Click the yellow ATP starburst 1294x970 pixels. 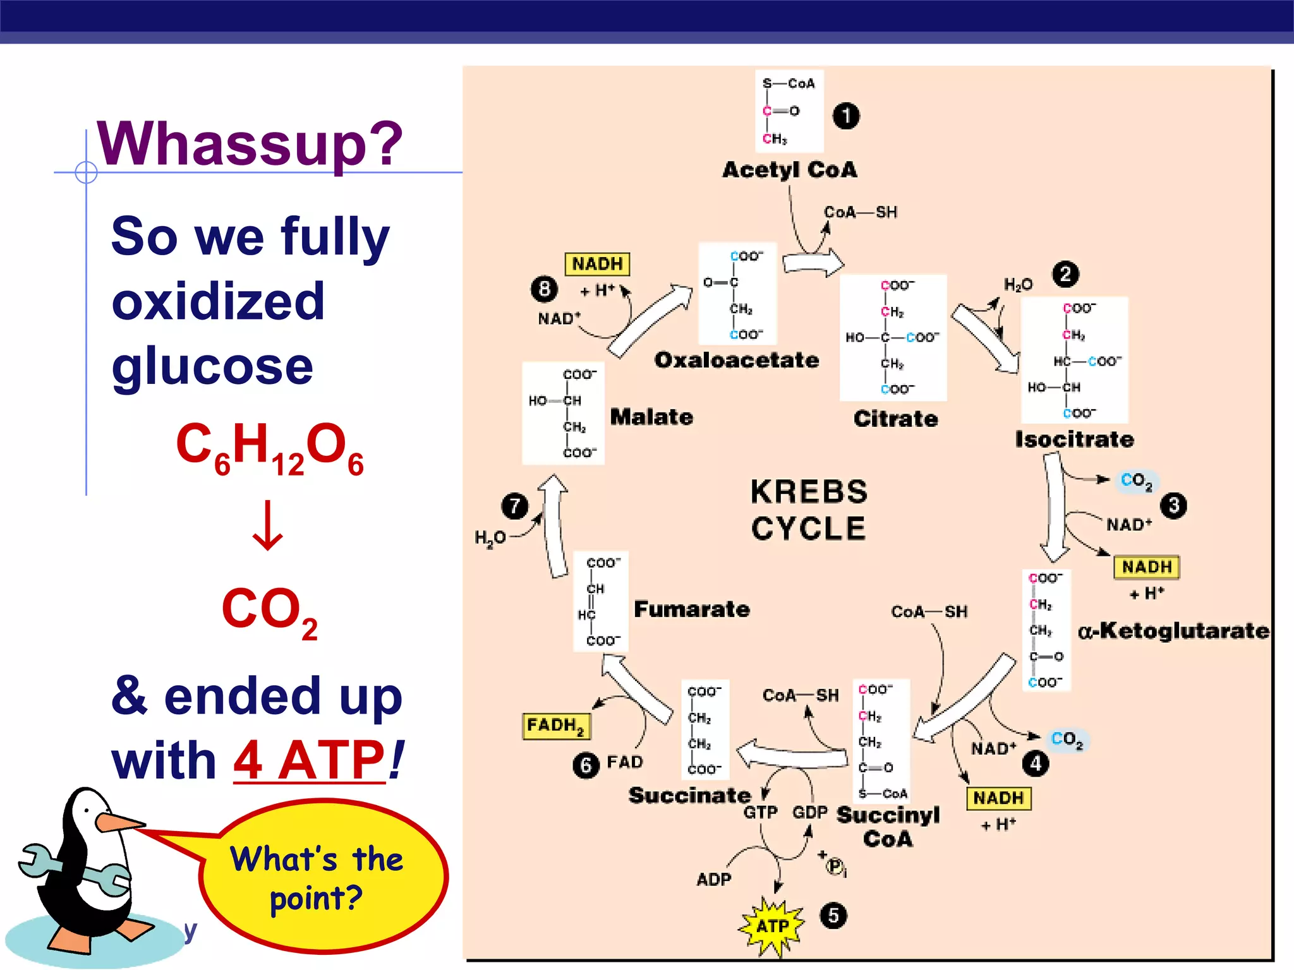click(772, 926)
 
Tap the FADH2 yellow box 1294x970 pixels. click(556, 726)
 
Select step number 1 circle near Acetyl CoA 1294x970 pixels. click(846, 116)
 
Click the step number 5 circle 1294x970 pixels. click(833, 915)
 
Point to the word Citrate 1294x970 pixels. click(895, 419)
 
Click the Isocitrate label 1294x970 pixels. click(1074, 440)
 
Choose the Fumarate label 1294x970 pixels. click(692, 609)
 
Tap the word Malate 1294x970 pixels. click(651, 417)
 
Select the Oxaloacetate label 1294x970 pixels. click(737, 360)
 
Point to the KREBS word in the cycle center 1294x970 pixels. click(809, 492)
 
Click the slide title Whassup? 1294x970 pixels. click(250, 144)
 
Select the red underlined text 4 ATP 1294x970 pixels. click(310, 760)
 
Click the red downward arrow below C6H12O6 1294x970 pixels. click(268, 526)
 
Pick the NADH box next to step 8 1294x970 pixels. click(597, 264)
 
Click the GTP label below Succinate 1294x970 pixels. click(760, 812)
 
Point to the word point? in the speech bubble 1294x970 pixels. click(316, 898)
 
